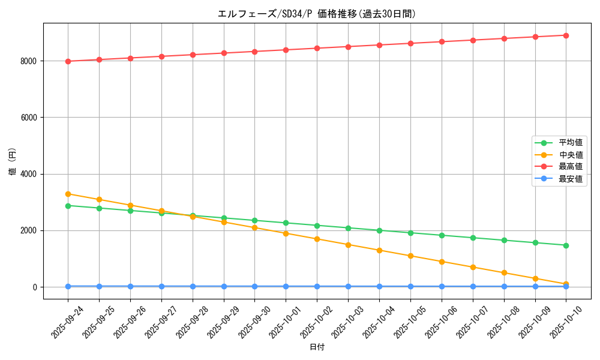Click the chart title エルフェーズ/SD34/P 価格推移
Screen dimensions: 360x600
pyautogui.click(x=316, y=14)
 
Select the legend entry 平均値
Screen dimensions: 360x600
pyautogui.click(x=571, y=143)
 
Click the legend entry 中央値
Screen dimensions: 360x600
pyautogui.click(x=571, y=155)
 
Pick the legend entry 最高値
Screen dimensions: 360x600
pyautogui.click(x=571, y=167)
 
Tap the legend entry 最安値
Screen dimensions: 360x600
pyautogui.click(x=571, y=179)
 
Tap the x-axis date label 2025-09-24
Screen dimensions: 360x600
pyautogui.click(x=68, y=322)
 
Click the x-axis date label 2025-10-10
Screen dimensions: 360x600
pyautogui.click(x=566, y=322)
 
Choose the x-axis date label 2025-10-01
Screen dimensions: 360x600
pyautogui.click(x=286, y=322)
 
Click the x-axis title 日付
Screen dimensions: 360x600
pyautogui.click(x=316, y=347)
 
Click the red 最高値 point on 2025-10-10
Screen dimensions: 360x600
pyautogui.click(x=566, y=35)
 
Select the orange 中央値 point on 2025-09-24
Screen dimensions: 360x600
pyautogui.click(x=68, y=194)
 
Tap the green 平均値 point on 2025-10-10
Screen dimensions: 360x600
pyautogui.click(x=566, y=245)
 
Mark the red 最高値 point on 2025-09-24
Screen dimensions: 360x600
pyautogui.click(x=68, y=61)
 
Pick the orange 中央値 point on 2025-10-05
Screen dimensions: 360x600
pyautogui.click(x=410, y=256)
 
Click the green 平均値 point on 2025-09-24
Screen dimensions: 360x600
pyautogui.click(x=68, y=206)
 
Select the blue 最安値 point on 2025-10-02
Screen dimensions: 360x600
pyautogui.click(x=317, y=286)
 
